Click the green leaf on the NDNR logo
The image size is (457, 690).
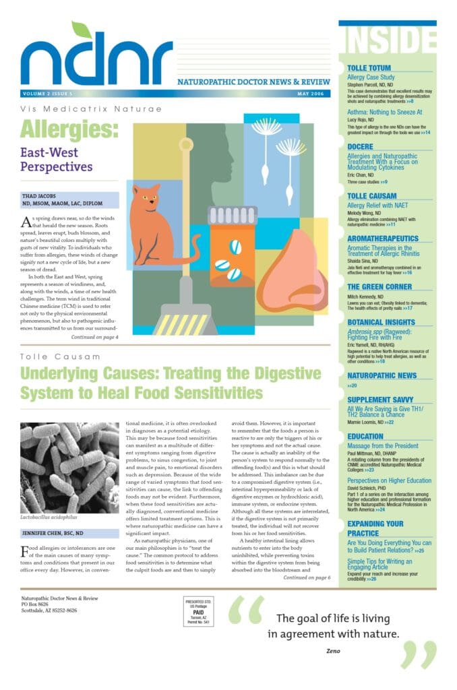pyautogui.click(x=82, y=30)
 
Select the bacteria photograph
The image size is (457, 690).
pyautogui.click(x=69, y=468)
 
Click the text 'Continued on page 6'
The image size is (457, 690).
pyautogui.click(x=307, y=577)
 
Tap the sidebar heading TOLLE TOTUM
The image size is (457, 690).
pyautogui.click(x=369, y=68)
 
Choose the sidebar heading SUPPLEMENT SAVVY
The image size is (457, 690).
pyautogui.click(x=381, y=400)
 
